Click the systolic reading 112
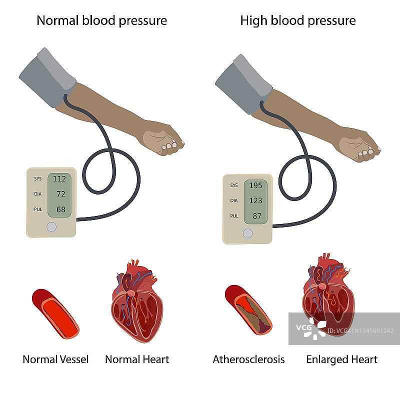[x=59, y=178]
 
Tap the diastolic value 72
[x=60, y=193]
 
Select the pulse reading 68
[x=60, y=209]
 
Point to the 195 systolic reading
[x=255, y=185]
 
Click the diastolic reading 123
[x=255, y=200]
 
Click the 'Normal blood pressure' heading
[x=102, y=20]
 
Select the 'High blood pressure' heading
[x=298, y=20]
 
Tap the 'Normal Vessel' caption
[x=55, y=359]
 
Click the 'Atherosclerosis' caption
[x=248, y=359]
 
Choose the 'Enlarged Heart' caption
[x=342, y=359]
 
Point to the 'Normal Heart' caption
[x=137, y=359]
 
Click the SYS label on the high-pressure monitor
[x=234, y=185]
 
